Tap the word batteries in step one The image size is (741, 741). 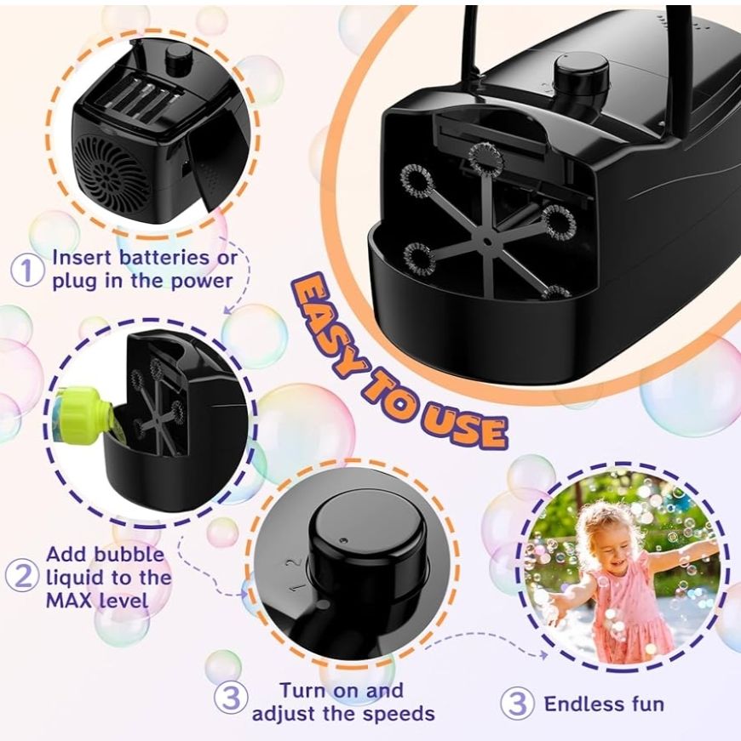pyautogui.click(x=164, y=258)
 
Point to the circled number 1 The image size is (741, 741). pyautogui.click(x=27, y=270)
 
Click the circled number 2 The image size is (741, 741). pyautogui.click(x=22, y=575)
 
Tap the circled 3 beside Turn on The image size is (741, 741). pyautogui.click(x=231, y=698)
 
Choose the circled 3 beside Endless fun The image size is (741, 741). pyautogui.click(x=518, y=704)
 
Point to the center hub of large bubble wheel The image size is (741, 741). pyautogui.click(x=486, y=241)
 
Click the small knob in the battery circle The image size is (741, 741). pyautogui.click(x=177, y=59)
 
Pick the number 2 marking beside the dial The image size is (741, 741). pyautogui.click(x=295, y=563)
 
